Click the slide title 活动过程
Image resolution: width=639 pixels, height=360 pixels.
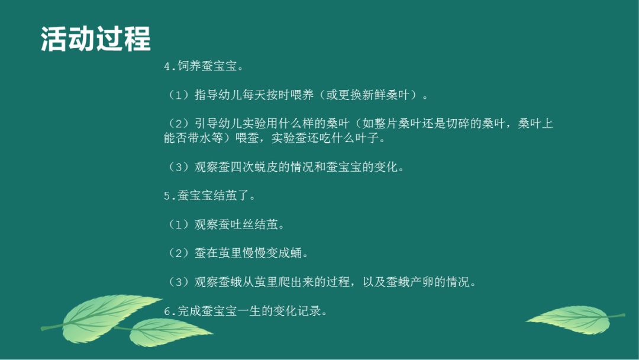pyautogui.click(x=96, y=39)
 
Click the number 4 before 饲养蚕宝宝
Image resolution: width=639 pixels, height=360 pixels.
pyautogui.click(x=167, y=66)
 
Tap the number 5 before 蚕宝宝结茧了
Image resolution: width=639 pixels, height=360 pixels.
pyautogui.click(x=167, y=196)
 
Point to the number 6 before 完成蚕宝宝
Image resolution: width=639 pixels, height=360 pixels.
pyautogui.click(x=167, y=311)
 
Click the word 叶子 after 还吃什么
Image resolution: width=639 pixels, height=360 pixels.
pyautogui.click(x=372, y=139)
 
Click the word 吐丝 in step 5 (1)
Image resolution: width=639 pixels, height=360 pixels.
pyautogui.click(x=246, y=224)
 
